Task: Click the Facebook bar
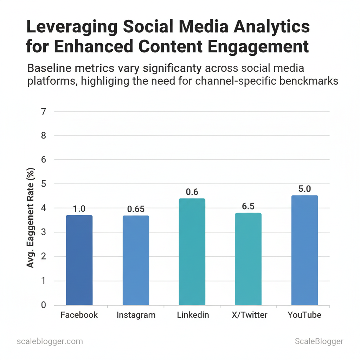coord(79,260)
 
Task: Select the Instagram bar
coord(136,260)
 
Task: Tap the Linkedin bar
coord(192,252)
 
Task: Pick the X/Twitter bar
coord(248,259)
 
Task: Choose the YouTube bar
coord(304,250)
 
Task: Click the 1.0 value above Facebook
coord(79,209)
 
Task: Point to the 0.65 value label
coord(136,209)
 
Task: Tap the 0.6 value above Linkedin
coord(192,192)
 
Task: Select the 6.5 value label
coord(248,206)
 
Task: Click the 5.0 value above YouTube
coord(304,189)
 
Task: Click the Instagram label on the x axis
coord(136,315)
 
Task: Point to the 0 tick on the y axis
coord(43,305)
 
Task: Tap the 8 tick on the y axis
coord(43,136)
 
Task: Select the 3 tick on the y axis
coord(43,232)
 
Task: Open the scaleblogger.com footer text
coord(50,341)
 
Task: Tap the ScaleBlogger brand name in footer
coord(319,341)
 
